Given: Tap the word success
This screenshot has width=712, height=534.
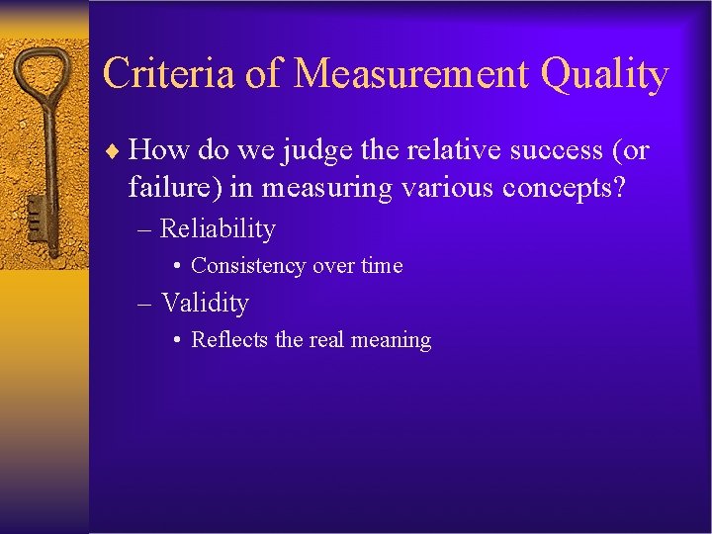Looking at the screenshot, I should (545, 150).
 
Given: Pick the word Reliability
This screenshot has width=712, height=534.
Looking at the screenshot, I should (218, 229).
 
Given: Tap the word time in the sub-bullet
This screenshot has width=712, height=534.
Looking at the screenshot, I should (382, 266).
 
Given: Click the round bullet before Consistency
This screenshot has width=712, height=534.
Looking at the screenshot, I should (174, 266).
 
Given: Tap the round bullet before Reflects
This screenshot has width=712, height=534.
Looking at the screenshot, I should (174, 340).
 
